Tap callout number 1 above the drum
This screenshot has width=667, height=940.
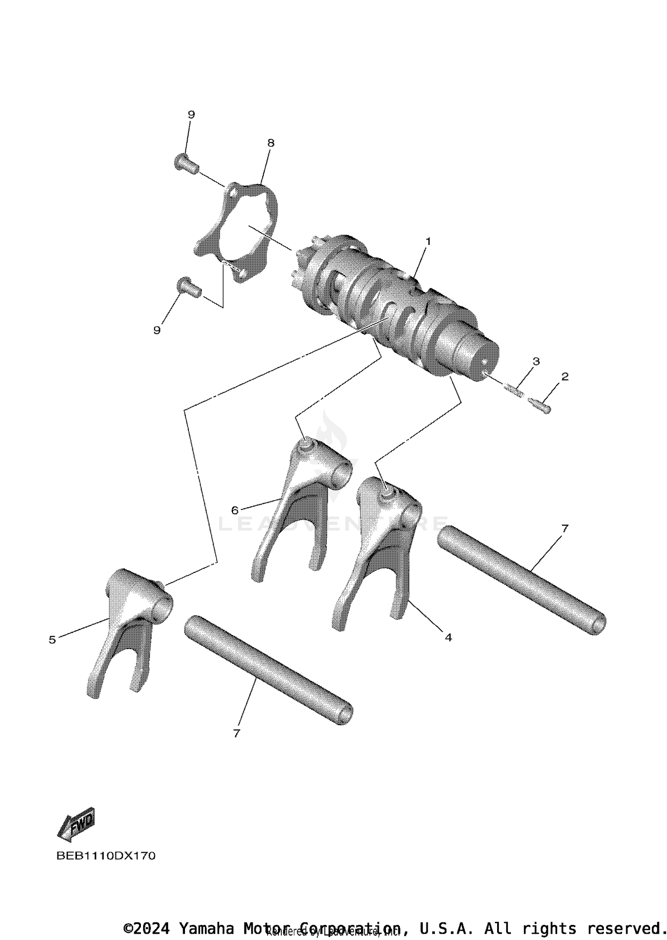point(428,241)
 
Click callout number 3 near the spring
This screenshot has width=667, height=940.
point(536,361)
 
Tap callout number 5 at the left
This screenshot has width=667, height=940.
point(52,640)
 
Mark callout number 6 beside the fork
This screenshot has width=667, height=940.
point(235,510)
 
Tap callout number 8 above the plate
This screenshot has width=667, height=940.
point(271,143)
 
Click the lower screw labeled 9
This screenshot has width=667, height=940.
point(189,287)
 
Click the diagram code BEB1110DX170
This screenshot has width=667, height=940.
point(106,856)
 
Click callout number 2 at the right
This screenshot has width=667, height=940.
point(565,377)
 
